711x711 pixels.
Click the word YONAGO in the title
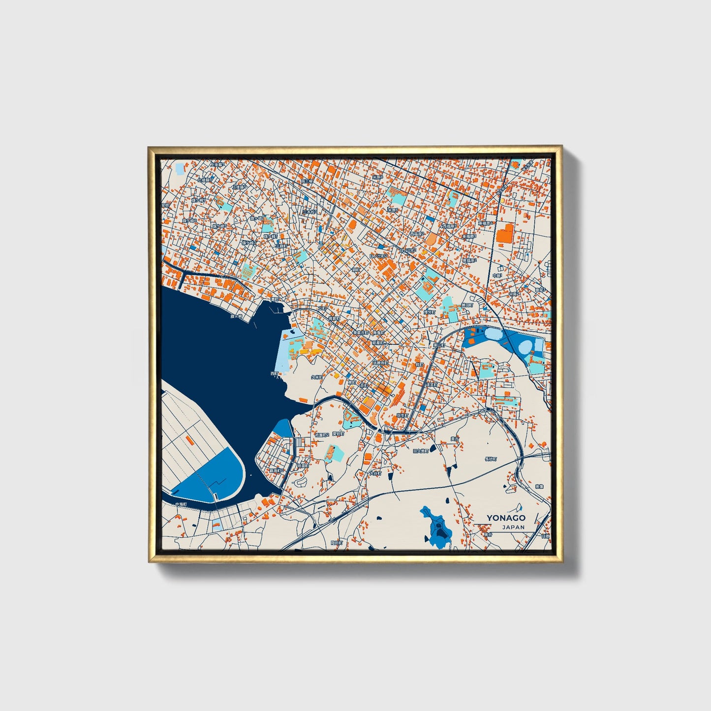click(506, 518)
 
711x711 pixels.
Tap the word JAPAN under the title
click(513, 527)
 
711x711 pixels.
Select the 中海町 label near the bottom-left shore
click(183, 505)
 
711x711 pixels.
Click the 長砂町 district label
click(491, 459)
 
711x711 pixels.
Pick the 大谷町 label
click(375, 473)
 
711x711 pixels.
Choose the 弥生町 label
click(402, 416)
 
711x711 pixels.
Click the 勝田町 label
click(466, 305)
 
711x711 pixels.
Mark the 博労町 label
click(430, 312)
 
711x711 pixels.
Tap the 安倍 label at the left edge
click(166, 205)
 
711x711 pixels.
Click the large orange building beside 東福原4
click(504, 233)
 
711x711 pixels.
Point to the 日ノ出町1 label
click(378, 257)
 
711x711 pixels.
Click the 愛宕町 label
click(338, 434)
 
